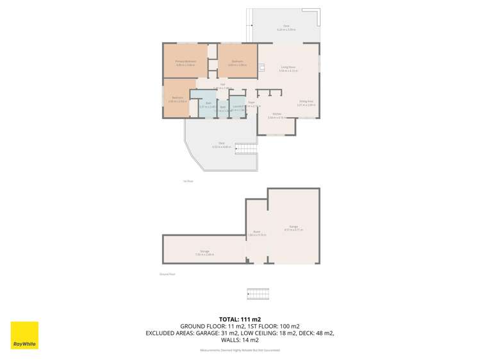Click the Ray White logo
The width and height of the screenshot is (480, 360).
click(x=24, y=335)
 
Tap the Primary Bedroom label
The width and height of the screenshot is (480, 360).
click(x=185, y=61)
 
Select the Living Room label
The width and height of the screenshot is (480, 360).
click(x=287, y=68)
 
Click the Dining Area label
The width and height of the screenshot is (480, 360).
click(x=306, y=102)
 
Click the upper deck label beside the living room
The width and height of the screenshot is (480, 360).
click(x=286, y=28)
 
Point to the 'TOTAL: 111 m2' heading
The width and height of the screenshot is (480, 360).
click(x=240, y=319)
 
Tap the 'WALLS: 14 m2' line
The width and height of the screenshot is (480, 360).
click(x=240, y=340)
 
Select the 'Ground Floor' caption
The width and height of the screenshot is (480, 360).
click(x=167, y=274)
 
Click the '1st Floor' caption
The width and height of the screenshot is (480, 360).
click(x=188, y=181)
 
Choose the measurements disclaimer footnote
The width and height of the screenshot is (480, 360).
click(x=240, y=350)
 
